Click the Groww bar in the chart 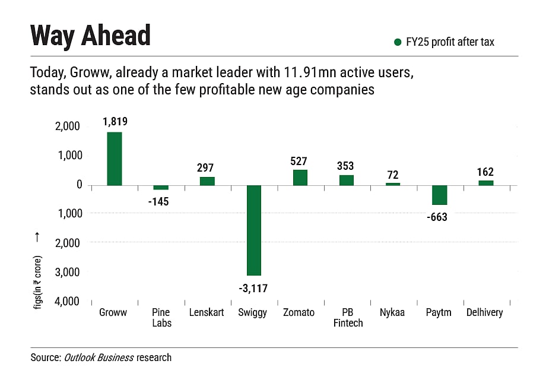point(115,159)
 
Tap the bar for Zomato point(300,178)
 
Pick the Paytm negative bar point(439,195)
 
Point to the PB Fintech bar point(347,180)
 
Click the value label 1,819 point(115,122)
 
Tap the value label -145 point(158,202)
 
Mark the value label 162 point(485,172)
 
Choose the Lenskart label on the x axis point(206,312)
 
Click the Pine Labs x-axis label point(161,317)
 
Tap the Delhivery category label point(484,312)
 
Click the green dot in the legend point(398,42)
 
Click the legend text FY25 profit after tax point(450,42)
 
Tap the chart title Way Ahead point(91,36)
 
